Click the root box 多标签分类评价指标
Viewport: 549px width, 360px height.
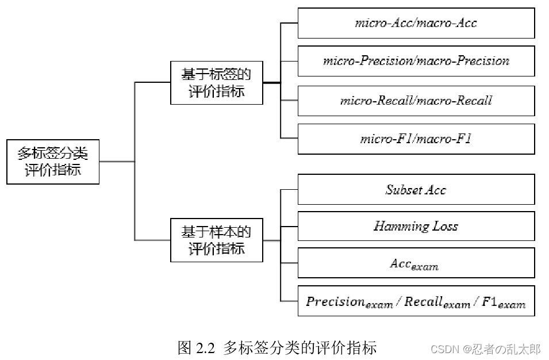tap(53, 162)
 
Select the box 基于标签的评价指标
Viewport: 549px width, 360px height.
tap(217, 83)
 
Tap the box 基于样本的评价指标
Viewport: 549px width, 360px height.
tap(217, 240)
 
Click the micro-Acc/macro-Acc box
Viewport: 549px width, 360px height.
tap(416, 24)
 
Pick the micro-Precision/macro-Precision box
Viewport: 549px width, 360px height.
tap(416, 61)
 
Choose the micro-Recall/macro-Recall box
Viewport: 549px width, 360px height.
tap(416, 101)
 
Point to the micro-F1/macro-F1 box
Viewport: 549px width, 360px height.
tap(416, 139)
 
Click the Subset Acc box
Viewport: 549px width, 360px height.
tap(416, 190)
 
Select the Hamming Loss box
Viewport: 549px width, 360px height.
tap(416, 226)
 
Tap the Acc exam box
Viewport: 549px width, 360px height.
tap(416, 264)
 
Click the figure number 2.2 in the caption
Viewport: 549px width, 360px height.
tap(205, 348)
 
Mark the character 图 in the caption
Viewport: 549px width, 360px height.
tap(185, 348)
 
